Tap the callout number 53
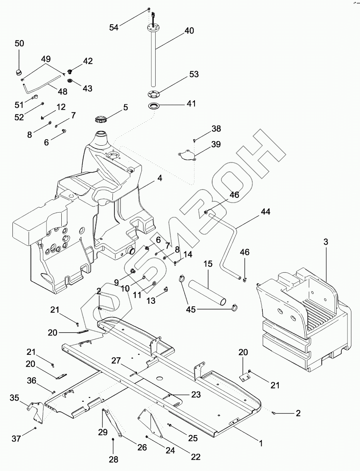click(x=193, y=74)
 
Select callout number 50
click(x=19, y=44)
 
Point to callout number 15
click(x=208, y=263)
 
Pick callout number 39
click(x=216, y=145)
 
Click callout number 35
click(x=14, y=398)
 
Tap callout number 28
click(x=113, y=460)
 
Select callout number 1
click(x=260, y=441)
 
